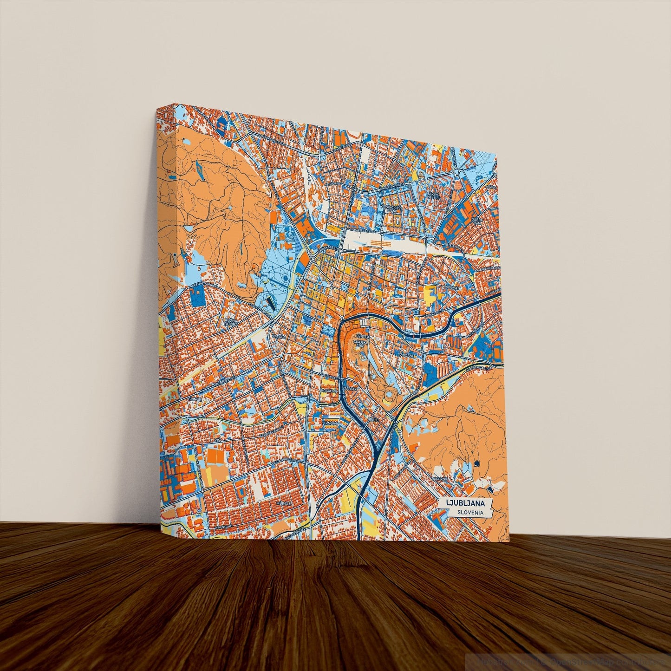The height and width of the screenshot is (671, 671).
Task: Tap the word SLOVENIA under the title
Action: (x=468, y=512)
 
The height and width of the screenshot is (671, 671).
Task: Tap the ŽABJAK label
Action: (x=352, y=388)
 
